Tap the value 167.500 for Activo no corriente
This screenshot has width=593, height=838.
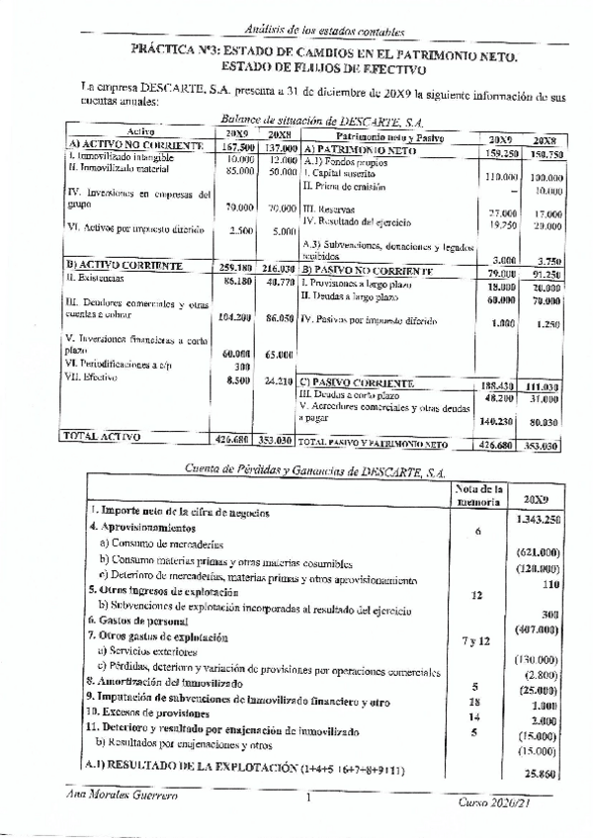click(235, 146)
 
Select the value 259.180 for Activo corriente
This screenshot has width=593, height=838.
click(235, 267)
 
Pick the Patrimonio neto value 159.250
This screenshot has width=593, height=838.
click(503, 153)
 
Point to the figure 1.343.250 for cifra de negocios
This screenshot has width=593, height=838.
click(539, 519)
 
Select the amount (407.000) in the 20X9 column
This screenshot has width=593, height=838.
click(539, 628)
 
